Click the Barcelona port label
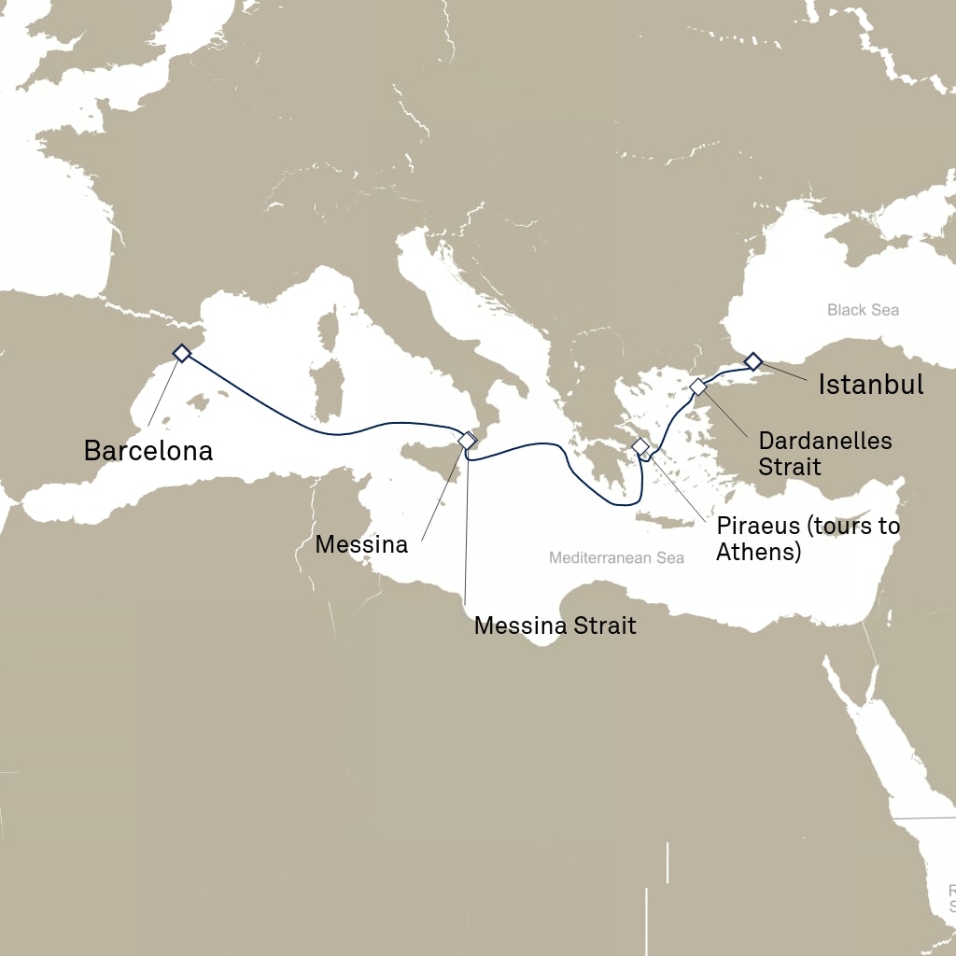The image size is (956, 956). (148, 451)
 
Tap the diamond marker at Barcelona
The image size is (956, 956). (182, 353)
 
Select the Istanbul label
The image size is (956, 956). (870, 384)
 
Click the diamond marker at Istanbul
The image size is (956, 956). (752, 361)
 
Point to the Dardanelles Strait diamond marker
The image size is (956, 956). (697, 387)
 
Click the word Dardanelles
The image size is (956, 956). (824, 441)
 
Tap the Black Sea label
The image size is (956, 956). (863, 310)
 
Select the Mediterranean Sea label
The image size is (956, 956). (616, 558)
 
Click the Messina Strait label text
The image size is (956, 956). (555, 626)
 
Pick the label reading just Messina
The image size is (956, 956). (361, 544)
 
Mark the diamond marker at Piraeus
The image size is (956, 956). (640, 446)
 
